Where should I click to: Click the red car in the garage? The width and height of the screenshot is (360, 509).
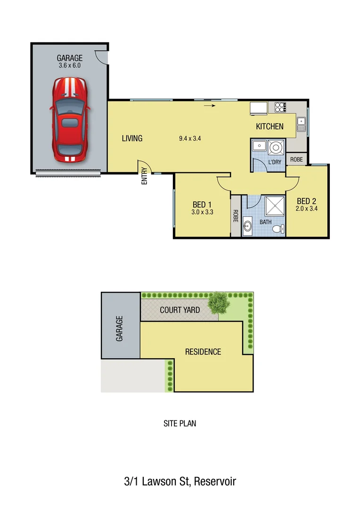[70, 120]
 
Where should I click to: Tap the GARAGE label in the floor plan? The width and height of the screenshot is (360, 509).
[70, 58]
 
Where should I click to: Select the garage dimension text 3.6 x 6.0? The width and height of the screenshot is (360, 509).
[70, 66]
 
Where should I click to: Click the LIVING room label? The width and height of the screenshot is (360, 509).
[132, 138]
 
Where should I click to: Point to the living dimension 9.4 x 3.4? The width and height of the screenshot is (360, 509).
[190, 138]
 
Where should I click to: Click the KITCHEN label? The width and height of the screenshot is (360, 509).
[270, 126]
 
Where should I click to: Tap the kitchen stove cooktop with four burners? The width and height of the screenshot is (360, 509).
[280, 107]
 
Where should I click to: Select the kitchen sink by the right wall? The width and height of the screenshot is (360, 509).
[302, 124]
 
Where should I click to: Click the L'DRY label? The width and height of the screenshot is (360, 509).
[274, 162]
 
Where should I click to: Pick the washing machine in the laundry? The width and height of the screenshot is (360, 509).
[276, 147]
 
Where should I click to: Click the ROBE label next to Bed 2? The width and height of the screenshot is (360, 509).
[296, 159]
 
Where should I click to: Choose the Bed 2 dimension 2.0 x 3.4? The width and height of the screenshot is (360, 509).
[306, 209]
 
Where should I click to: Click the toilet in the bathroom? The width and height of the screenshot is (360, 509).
[278, 229]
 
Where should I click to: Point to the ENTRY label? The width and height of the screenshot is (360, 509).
[145, 176]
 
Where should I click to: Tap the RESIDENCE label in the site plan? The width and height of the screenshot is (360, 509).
[203, 352]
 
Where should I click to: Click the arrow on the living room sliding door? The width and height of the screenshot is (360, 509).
[210, 106]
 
